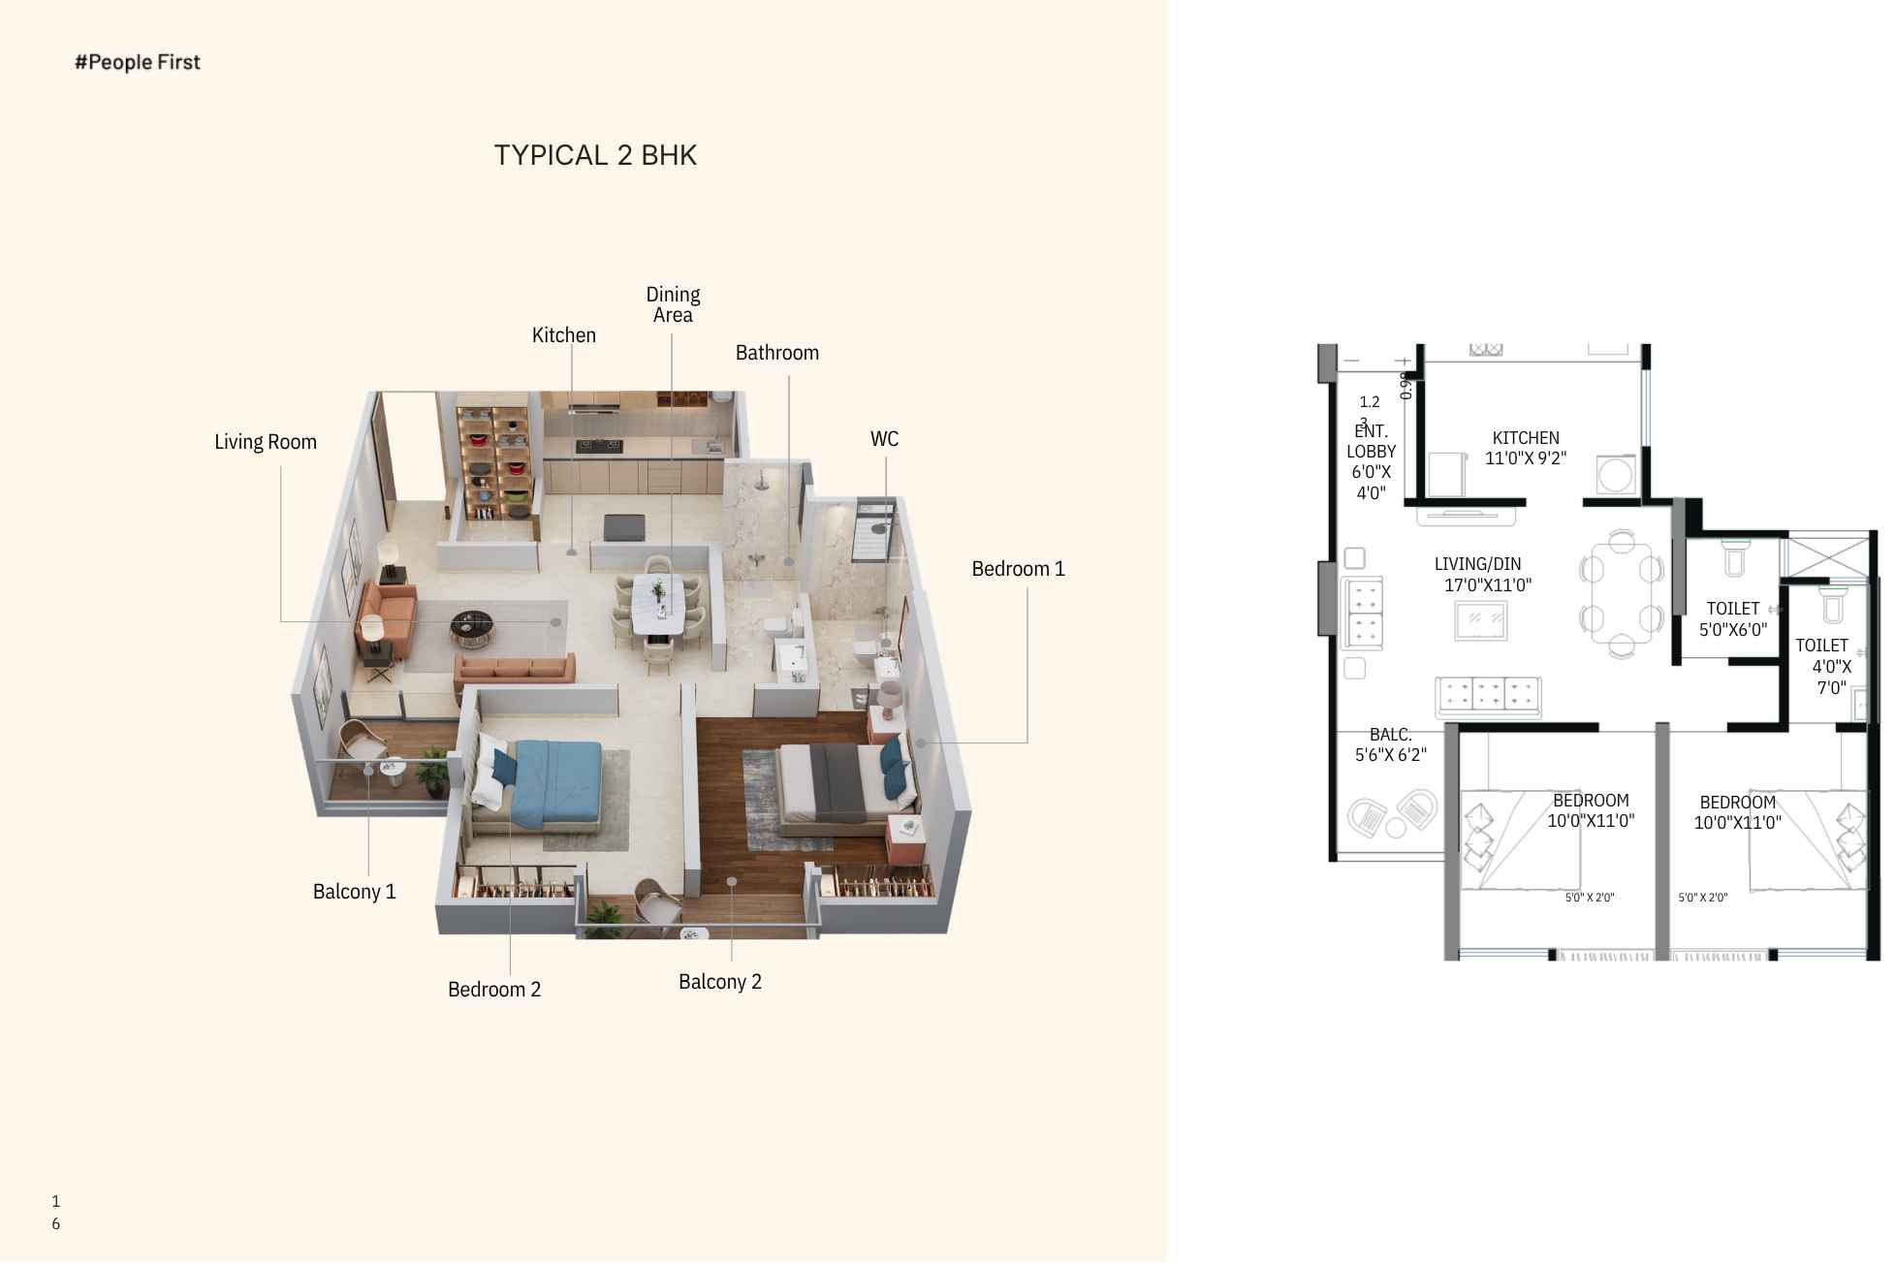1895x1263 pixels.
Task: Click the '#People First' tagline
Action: (138, 62)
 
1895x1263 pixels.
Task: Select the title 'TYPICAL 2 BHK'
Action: (595, 155)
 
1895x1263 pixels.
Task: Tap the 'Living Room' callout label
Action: (266, 442)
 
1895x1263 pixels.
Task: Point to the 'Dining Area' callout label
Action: (673, 304)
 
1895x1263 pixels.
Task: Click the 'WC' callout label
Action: (884, 439)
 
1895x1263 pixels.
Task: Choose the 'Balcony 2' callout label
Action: (720, 982)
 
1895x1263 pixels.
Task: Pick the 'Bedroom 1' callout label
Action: (1018, 569)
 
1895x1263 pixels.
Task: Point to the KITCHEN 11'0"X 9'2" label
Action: (1526, 448)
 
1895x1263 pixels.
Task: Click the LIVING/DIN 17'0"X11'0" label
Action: (1483, 574)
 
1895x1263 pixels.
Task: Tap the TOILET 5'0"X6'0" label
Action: (1733, 618)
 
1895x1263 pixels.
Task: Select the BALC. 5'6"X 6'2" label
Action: (1391, 745)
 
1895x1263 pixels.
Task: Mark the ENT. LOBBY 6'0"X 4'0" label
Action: (1372, 461)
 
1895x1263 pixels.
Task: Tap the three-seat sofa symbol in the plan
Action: (1488, 695)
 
